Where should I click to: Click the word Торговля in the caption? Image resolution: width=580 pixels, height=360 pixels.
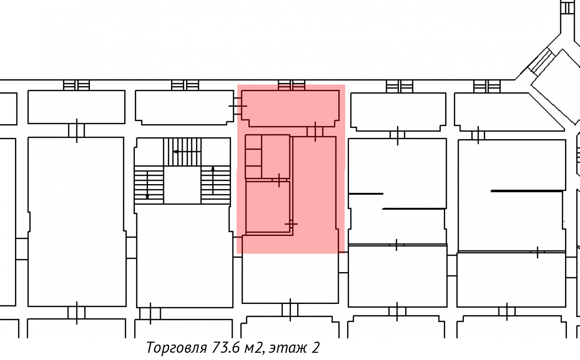[176, 347]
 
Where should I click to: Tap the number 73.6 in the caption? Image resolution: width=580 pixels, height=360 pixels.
[226, 347]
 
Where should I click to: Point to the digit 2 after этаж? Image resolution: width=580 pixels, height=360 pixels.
[315, 347]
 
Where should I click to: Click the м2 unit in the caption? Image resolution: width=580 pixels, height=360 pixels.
[254, 348]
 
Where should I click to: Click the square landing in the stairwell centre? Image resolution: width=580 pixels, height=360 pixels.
[182, 185]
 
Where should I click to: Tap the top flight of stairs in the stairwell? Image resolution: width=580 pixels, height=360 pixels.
[182, 152]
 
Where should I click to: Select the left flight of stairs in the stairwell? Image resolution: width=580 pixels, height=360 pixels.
[149, 185]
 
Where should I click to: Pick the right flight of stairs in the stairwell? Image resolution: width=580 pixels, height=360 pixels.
[216, 185]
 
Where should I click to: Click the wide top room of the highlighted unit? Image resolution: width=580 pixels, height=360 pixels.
[290, 108]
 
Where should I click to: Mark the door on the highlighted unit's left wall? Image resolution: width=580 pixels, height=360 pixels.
[238, 106]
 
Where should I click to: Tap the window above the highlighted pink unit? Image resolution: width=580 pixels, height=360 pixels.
[291, 85]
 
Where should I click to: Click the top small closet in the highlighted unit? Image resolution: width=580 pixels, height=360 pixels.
[253, 142]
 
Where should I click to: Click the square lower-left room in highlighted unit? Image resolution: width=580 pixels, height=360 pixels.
[268, 207]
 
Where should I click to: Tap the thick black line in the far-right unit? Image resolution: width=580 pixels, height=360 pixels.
[527, 191]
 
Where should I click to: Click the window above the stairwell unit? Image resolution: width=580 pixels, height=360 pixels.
[185, 85]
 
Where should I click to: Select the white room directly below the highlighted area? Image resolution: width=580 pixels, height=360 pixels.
[290, 278]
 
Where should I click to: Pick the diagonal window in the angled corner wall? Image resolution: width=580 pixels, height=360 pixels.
[541, 61]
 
